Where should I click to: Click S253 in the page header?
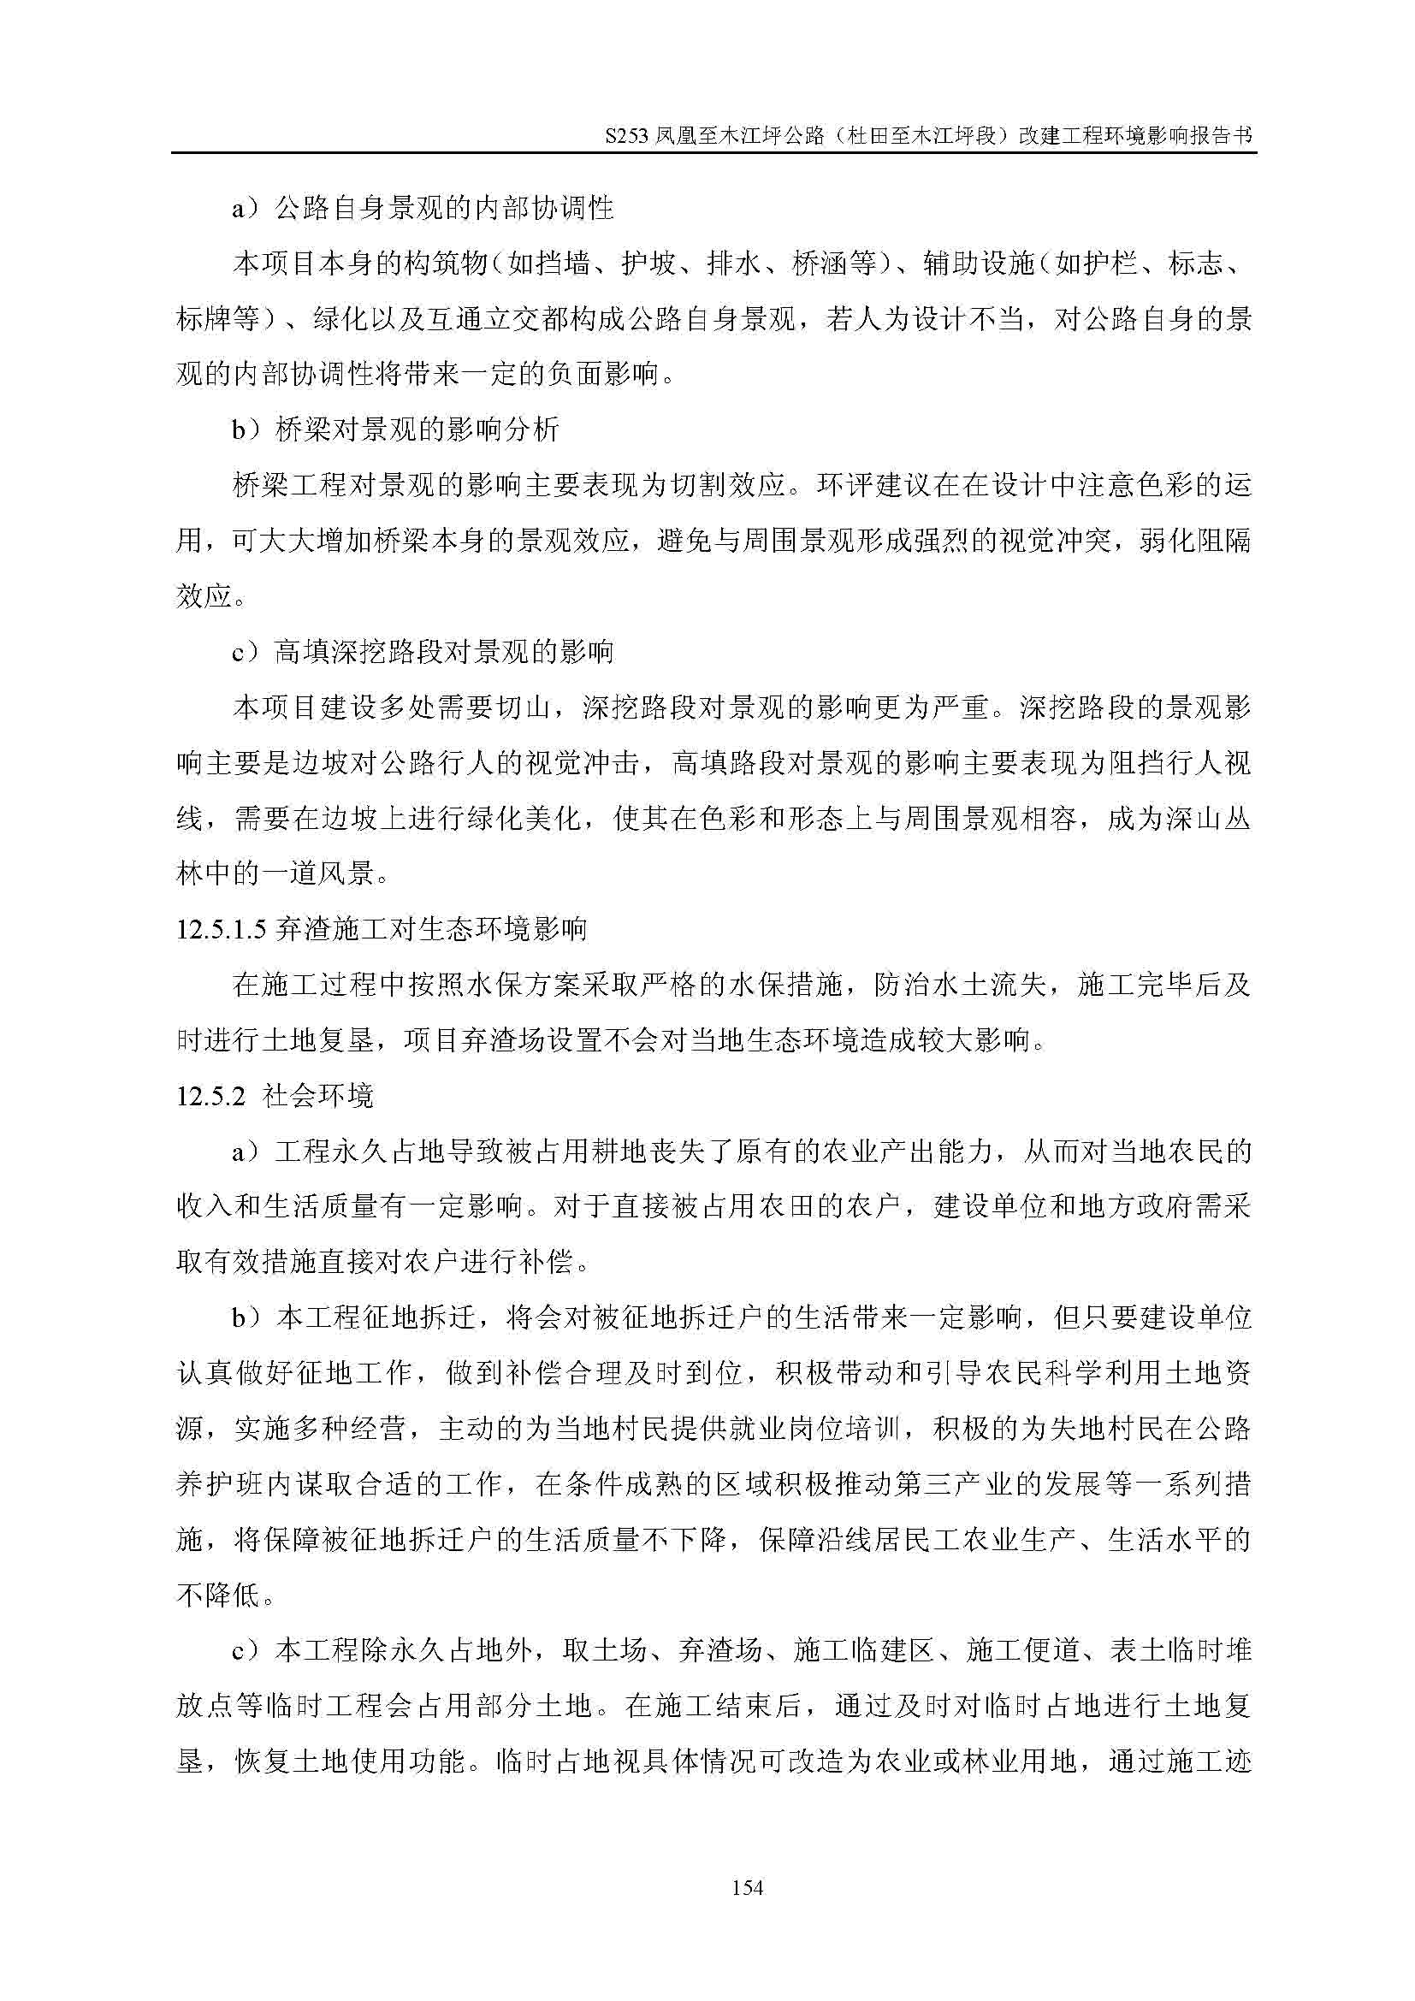[x=626, y=137]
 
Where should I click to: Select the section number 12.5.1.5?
[x=222, y=930]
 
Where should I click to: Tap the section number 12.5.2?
[x=211, y=1096]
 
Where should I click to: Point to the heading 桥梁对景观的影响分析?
[x=417, y=429]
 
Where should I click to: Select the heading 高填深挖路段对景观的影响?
[x=443, y=652]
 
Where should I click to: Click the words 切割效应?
[x=727, y=485]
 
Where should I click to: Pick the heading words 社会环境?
[x=318, y=1096]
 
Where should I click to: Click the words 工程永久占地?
[x=359, y=1151]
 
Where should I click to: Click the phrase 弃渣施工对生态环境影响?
[x=430, y=930]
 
